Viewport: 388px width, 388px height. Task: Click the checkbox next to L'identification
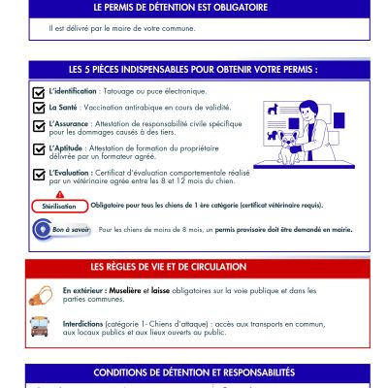click(39, 91)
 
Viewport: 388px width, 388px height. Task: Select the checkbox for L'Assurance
click(39, 125)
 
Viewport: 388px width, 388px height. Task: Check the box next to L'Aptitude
click(39, 148)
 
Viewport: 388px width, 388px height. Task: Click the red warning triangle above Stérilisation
click(59, 195)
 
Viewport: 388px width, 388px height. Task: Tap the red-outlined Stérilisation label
click(58, 207)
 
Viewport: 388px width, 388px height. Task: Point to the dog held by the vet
click(292, 143)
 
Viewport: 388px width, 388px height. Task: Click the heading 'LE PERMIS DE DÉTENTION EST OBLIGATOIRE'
click(194, 8)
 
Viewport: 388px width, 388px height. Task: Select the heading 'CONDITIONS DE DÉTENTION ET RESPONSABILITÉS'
click(194, 372)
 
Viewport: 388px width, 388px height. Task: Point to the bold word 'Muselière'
click(123, 290)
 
